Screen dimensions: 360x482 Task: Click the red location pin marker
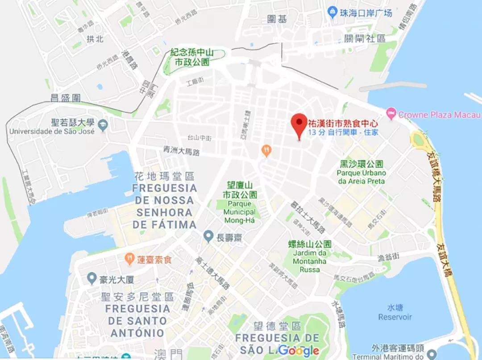click(x=299, y=124)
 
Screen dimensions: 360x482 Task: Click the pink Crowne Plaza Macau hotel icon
click(x=391, y=114)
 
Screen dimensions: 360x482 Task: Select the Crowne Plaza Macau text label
click(x=440, y=115)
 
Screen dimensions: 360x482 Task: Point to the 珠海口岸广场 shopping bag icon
click(x=332, y=12)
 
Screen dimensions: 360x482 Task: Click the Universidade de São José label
click(x=52, y=132)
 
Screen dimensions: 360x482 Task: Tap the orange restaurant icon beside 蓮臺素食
click(x=129, y=259)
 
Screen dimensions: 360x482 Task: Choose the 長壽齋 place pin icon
click(x=208, y=236)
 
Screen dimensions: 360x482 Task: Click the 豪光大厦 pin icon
click(x=92, y=280)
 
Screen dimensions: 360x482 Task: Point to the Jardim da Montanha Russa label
click(x=310, y=261)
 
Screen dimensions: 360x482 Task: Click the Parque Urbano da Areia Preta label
click(x=361, y=177)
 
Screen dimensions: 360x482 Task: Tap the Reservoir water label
click(x=395, y=317)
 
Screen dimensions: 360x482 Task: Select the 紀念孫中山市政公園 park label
click(x=192, y=58)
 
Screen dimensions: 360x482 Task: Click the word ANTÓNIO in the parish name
click(x=137, y=333)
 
